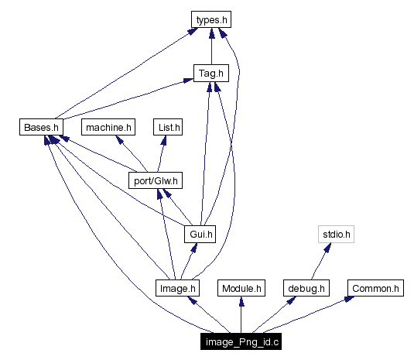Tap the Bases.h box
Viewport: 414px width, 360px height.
pos(40,126)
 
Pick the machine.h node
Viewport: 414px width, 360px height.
pos(109,126)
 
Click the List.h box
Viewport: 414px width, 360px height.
pos(166,126)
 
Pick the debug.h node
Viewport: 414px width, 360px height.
pos(306,289)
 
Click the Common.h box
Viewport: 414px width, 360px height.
pos(375,289)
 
